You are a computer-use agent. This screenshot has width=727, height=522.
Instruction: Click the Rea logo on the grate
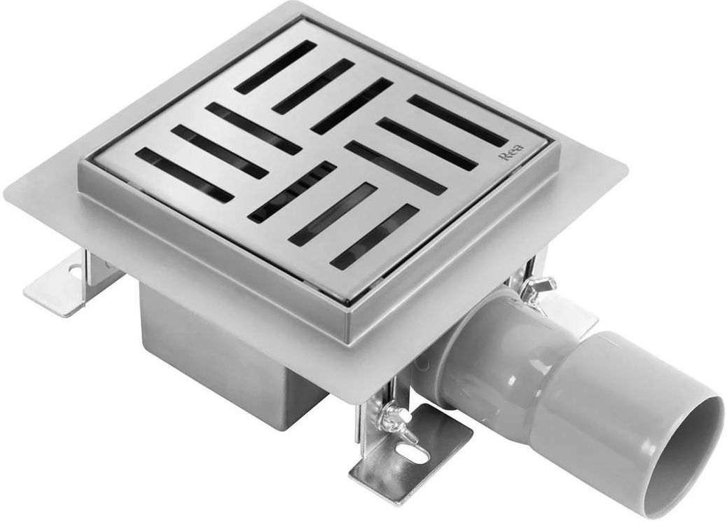511,153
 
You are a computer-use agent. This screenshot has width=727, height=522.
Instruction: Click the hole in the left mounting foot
74,268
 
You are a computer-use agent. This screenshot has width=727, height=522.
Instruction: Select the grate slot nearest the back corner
275,67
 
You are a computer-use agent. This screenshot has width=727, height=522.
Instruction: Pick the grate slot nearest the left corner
185,174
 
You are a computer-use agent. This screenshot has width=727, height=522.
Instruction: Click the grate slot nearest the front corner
374,236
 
